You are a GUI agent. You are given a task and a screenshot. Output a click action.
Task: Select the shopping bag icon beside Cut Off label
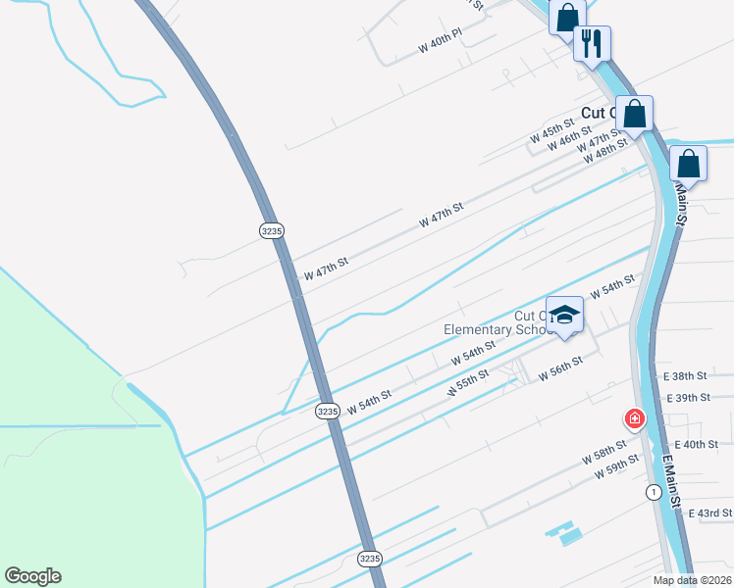(635, 114)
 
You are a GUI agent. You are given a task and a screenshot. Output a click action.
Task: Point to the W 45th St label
(550, 131)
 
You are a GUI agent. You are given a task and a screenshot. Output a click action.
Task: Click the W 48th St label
(604, 152)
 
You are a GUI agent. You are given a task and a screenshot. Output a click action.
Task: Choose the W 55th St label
(468, 383)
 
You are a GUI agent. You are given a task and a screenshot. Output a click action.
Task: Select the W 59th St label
(616, 467)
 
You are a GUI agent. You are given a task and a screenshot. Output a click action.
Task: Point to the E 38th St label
(685, 375)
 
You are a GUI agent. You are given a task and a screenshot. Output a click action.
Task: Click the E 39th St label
(687, 397)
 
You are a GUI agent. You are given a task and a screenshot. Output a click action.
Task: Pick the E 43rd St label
(710, 513)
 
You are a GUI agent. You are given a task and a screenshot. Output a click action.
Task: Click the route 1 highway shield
(653, 491)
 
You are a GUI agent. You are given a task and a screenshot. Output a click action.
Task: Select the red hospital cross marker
(635, 419)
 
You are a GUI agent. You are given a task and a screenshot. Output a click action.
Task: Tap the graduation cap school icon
(564, 315)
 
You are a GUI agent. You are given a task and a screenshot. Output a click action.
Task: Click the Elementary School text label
(488, 329)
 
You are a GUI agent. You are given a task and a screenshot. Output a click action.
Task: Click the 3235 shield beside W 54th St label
(328, 412)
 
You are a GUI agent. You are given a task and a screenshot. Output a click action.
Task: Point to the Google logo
(32, 576)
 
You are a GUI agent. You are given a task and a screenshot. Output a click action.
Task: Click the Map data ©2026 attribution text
(692, 580)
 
